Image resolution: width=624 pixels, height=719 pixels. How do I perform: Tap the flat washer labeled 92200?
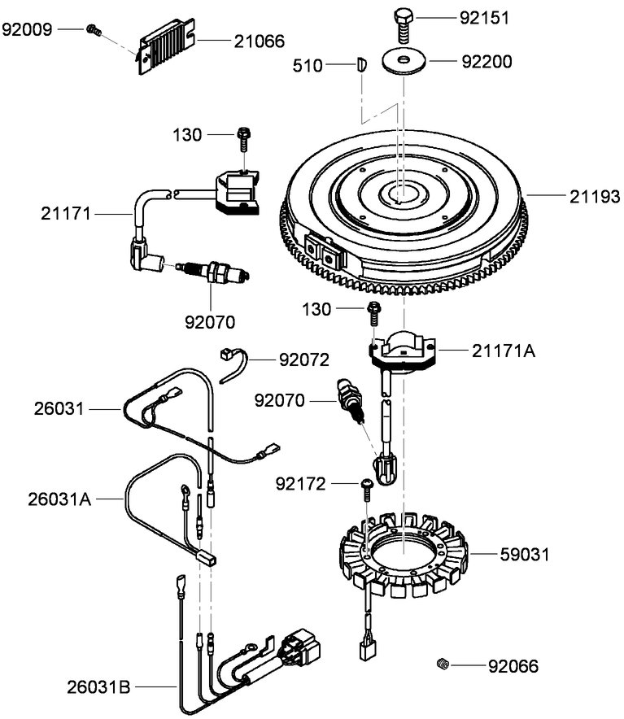tap(404, 63)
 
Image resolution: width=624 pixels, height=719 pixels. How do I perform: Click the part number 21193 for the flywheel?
tap(594, 196)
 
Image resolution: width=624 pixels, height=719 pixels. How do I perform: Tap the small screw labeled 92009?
tap(94, 30)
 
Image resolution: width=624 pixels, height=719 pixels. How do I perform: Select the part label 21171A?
tap(504, 351)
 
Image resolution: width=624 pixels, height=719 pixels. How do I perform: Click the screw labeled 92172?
tap(365, 486)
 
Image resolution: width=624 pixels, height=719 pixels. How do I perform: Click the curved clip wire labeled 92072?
tap(235, 363)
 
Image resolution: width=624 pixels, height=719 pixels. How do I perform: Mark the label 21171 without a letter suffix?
tap(67, 214)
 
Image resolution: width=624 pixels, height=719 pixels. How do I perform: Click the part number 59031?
tap(524, 555)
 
